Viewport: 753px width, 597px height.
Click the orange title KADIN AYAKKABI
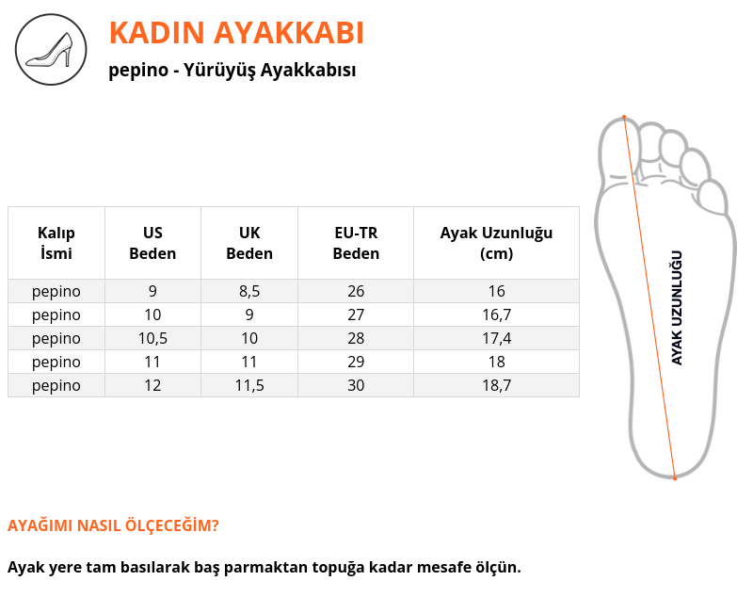[236, 33]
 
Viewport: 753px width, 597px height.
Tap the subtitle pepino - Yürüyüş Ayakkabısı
[232, 70]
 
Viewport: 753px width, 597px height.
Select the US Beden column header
[152, 243]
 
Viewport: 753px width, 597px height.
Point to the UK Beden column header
[249, 243]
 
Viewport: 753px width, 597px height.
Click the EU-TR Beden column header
[356, 243]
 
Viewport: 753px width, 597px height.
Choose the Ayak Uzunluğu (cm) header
[497, 243]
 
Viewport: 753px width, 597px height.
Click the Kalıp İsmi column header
[56, 243]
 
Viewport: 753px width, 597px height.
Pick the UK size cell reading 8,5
[249, 291]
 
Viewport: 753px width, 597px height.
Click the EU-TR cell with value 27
[356, 315]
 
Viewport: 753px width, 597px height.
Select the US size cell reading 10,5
[152, 338]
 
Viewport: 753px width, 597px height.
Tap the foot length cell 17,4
[497, 338]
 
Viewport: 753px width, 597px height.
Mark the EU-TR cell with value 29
[356, 362]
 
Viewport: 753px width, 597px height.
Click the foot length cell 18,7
[497, 385]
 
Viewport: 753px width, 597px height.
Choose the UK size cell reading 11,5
[249, 385]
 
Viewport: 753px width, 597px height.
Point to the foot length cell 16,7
[497, 315]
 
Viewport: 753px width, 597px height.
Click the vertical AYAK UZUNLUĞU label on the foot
[677, 308]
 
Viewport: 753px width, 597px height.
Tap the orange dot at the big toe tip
[624, 117]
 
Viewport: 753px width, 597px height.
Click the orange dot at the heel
[675, 478]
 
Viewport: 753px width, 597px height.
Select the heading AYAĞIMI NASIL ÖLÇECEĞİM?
[113, 524]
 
